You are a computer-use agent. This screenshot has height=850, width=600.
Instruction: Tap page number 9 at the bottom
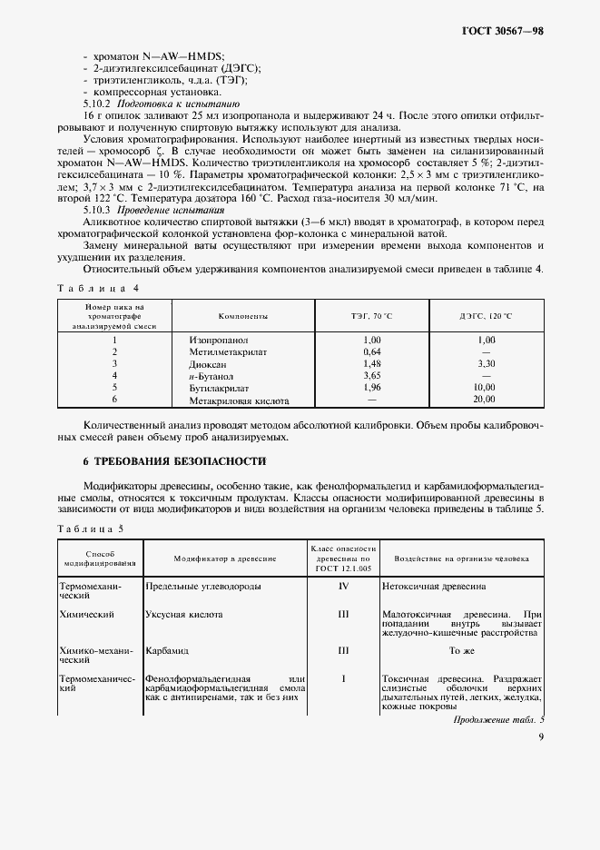[540, 737]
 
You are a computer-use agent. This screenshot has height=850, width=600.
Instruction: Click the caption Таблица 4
[99, 288]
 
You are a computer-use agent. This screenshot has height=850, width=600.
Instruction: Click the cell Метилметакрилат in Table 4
[225, 351]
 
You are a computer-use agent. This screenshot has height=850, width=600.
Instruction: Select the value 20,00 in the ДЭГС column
[485, 399]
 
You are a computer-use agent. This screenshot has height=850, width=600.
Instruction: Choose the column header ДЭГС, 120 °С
[485, 316]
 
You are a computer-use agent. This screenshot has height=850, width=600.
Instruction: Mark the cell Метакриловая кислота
[241, 399]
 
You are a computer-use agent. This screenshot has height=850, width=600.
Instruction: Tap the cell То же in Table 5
[462, 650]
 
